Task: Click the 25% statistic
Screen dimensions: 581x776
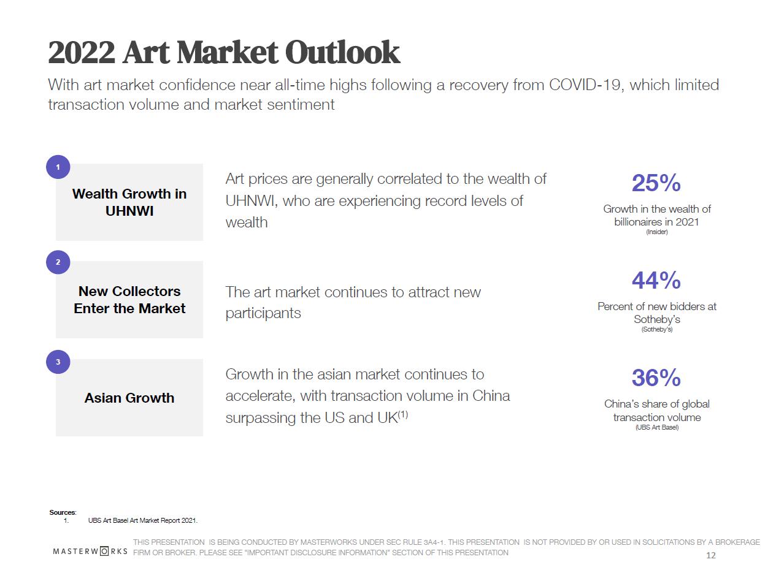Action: point(656,183)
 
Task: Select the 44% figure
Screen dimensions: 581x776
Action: point(656,281)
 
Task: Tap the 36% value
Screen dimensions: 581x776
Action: point(656,378)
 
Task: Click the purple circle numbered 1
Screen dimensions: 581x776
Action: point(58,167)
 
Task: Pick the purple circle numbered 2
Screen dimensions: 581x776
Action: point(58,262)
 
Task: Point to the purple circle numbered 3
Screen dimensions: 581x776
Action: point(58,362)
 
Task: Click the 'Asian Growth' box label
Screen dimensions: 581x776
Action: point(129,398)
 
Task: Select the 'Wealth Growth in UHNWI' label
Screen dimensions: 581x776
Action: point(129,202)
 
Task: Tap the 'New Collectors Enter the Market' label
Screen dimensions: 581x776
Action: point(129,300)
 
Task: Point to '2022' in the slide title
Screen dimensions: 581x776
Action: point(82,53)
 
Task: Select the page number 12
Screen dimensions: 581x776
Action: point(711,555)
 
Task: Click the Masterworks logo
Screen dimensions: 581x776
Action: point(90,551)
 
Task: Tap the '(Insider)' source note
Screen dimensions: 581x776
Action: point(656,232)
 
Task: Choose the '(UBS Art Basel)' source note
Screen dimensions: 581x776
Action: point(656,427)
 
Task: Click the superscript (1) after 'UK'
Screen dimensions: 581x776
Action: point(403,415)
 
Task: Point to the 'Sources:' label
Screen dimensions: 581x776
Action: point(63,512)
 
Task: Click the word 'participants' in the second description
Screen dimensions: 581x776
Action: point(263,313)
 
